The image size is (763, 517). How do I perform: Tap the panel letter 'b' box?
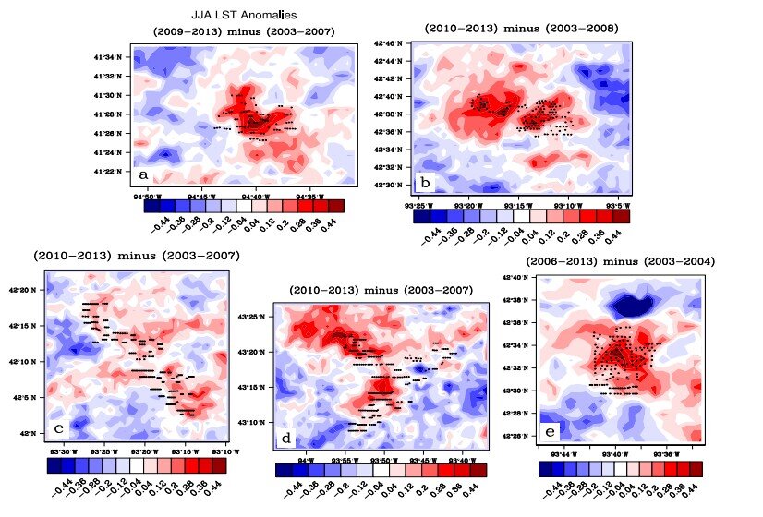[x=424, y=180]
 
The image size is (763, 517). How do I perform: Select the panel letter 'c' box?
[x=59, y=427]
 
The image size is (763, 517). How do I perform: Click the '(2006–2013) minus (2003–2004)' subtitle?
[x=620, y=262]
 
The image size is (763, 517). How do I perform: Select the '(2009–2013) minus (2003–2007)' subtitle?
[x=243, y=32]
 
